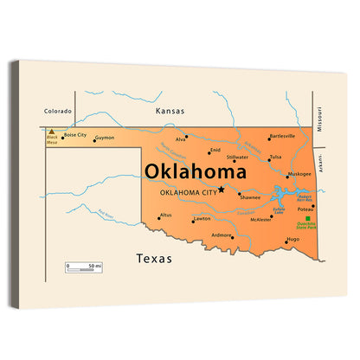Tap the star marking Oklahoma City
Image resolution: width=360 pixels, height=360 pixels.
click(x=222, y=190)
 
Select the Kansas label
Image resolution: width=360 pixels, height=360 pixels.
click(x=170, y=112)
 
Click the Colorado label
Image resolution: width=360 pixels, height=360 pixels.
click(x=58, y=111)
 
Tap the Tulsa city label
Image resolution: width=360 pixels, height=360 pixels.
click(x=275, y=157)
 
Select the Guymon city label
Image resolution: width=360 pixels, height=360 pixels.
click(x=104, y=138)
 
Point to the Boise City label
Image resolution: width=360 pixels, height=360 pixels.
click(x=75, y=135)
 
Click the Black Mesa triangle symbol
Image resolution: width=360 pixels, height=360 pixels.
click(x=52, y=132)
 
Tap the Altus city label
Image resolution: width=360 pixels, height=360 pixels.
click(x=165, y=215)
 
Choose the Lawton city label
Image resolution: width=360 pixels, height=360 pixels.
click(x=202, y=219)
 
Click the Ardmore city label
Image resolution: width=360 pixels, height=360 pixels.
click(x=222, y=235)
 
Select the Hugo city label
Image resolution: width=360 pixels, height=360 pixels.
click(x=292, y=239)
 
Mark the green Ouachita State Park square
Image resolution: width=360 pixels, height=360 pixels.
click(x=307, y=218)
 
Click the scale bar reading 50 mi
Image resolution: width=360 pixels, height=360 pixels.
click(x=82, y=265)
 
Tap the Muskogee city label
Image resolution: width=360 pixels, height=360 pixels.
click(x=299, y=174)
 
